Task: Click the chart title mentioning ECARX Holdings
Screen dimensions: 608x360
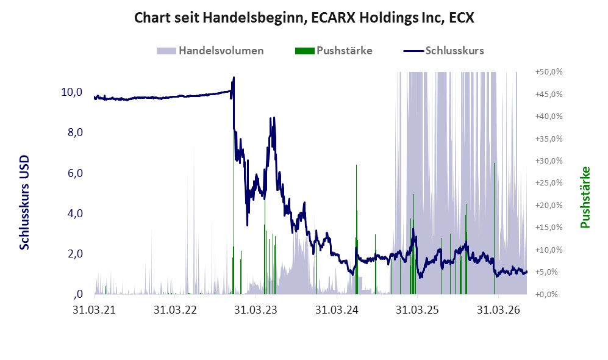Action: pyautogui.click(x=304, y=18)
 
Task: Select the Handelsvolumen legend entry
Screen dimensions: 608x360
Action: pyautogui.click(x=210, y=51)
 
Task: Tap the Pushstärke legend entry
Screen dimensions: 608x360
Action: pyautogui.click(x=334, y=51)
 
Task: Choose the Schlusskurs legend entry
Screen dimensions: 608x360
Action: pyautogui.click(x=443, y=51)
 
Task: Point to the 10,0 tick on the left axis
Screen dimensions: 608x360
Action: pyautogui.click(x=72, y=92)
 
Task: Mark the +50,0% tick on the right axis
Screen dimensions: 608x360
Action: pyautogui.click(x=549, y=72)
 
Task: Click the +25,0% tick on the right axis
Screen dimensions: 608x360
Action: pyautogui.click(x=549, y=182)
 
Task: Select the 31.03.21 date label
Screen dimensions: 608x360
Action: pyautogui.click(x=95, y=310)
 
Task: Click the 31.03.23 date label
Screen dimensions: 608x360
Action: pyautogui.click(x=256, y=310)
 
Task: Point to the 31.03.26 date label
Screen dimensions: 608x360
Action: pyautogui.click(x=498, y=310)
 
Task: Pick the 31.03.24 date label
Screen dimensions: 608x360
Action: pyautogui.click(x=337, y=310)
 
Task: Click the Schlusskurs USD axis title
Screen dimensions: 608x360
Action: pyautogui.click(x=24, y=203)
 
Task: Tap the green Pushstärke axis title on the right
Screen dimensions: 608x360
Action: pyautogui.click(x=585, y=197)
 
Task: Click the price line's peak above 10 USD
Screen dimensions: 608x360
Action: pyautogui.click(x=234, y=77)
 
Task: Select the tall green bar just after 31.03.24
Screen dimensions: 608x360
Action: pyautogui.click(x=356, y=229)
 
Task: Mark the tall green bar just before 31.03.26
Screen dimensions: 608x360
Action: pyautogui.click(x=494, y=228)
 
